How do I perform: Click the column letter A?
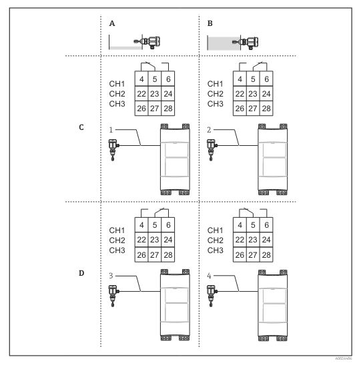[112, 23]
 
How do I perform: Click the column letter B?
[210, 23]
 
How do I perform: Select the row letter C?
[81, 127]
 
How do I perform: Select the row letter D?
[81, 273]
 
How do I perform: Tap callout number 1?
[111, 130]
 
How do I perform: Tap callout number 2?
[209, 130]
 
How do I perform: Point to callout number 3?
[111, 276]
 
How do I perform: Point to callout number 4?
[209, 276]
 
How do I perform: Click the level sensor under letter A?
[147, 42]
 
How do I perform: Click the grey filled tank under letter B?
[224, 43]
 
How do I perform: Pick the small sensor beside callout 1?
[114, 150]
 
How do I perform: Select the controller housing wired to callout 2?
[273, 159]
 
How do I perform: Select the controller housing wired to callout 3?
[175, 305]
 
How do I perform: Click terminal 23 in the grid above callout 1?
[155, 94]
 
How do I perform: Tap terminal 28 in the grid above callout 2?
[266, 109]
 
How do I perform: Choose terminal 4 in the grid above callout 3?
[141, 225]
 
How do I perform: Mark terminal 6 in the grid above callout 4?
[266, 225]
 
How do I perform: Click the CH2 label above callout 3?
[117, 240]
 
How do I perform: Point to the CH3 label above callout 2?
[215, 104]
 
